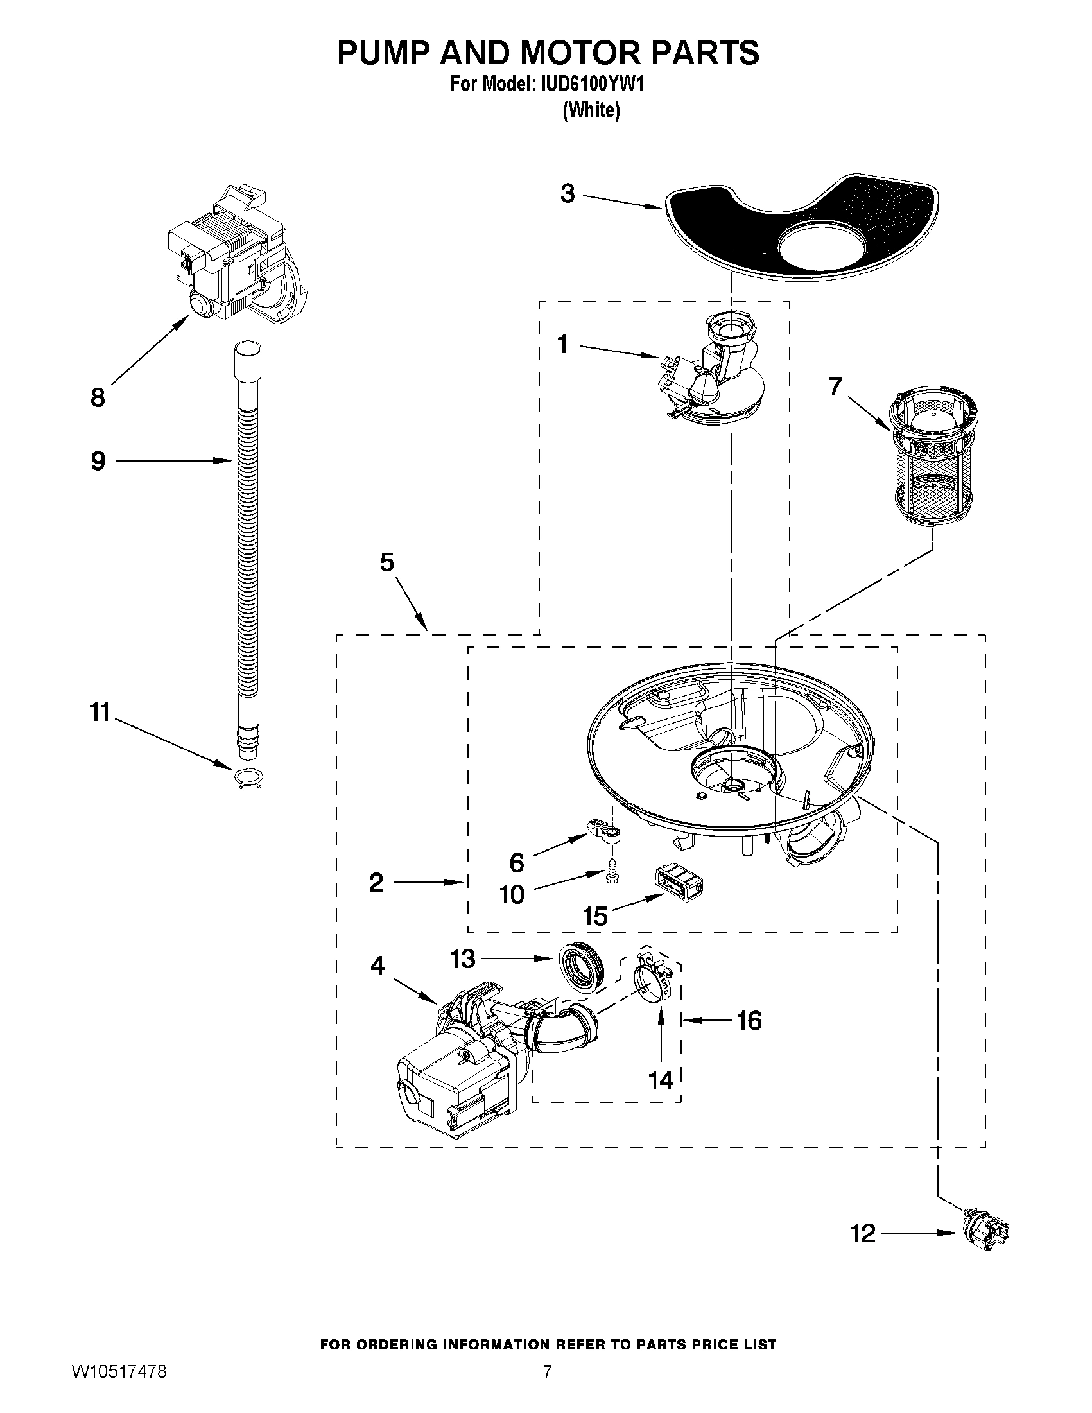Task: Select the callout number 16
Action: pyautogui.click(x=749, y=1021)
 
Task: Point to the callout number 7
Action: pyautogui.click(x=835, y=387)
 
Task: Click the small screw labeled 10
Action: pyautogui.click(x=611, y=871)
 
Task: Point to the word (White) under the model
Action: pyautogui.click(x=591, y=110)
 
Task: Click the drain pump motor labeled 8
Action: pyautogui.click(x=233, y=259)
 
